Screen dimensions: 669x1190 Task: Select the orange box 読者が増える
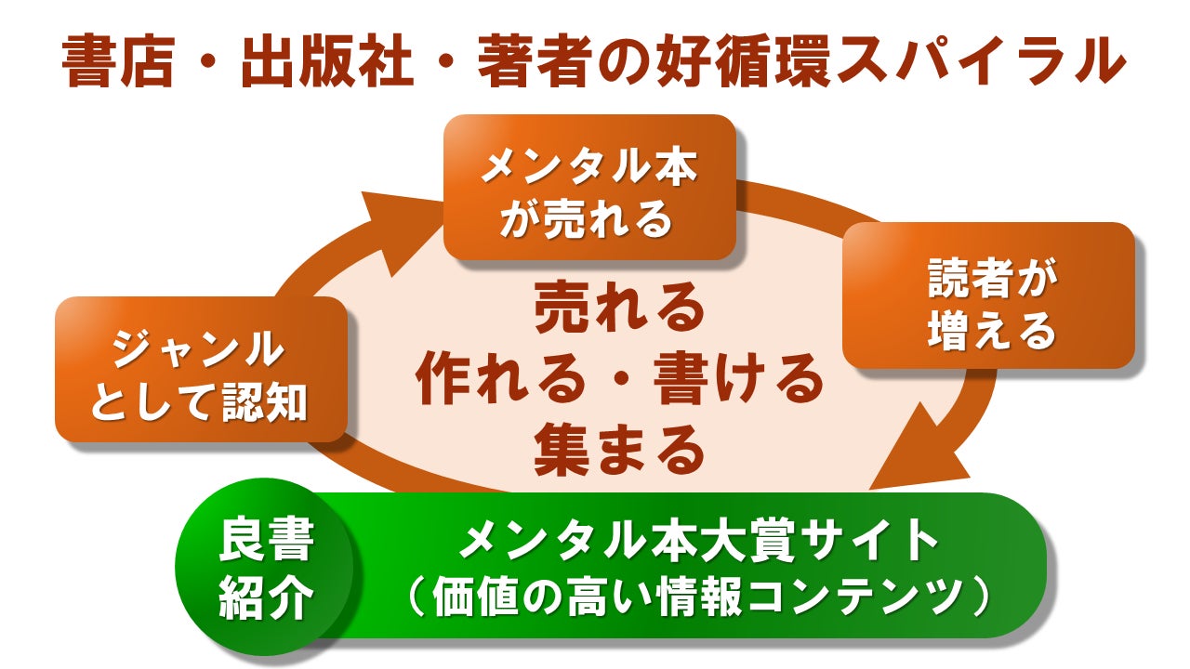pos(989,295)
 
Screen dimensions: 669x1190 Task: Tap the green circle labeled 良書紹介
pos(266,568)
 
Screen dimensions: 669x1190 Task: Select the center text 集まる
pos(618,450)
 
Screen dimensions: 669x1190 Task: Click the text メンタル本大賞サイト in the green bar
pos(698,542)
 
